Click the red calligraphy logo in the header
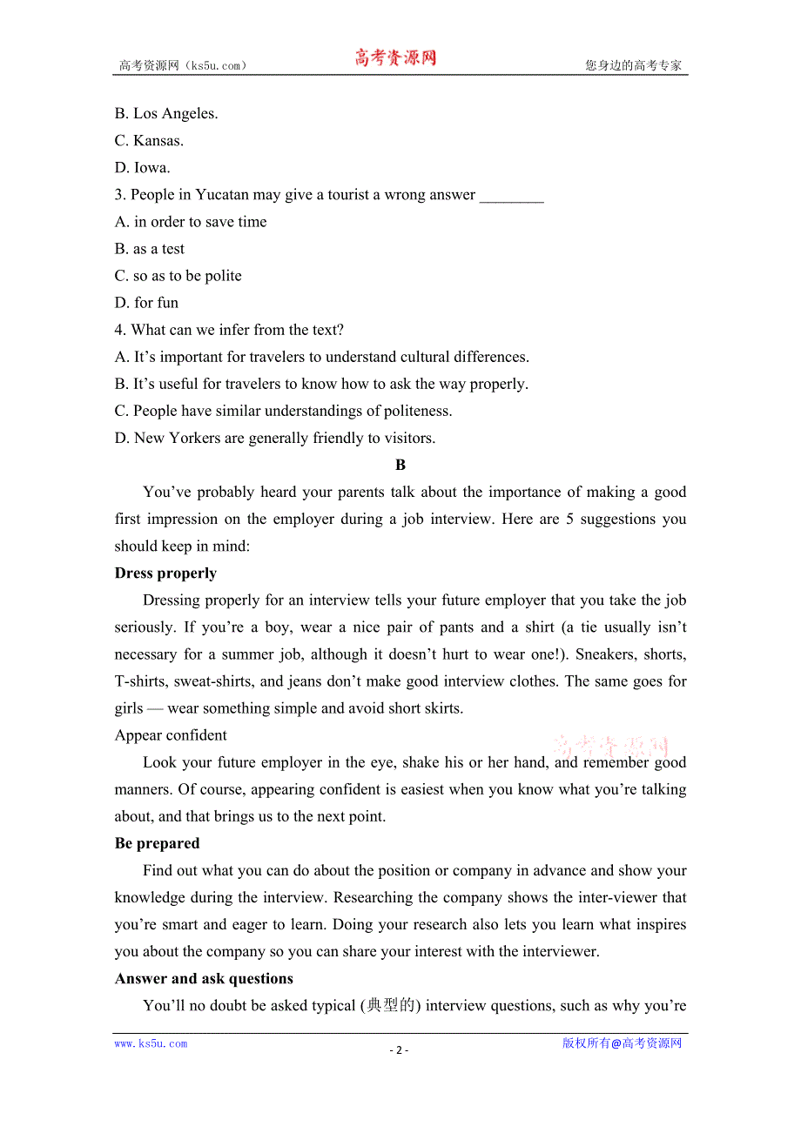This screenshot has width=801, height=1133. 395,58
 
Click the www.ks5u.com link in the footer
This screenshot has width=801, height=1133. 151,1043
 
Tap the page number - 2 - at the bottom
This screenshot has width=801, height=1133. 399,1049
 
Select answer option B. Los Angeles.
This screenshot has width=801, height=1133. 166,113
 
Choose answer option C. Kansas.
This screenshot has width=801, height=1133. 149,140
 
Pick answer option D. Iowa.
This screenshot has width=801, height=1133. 143,167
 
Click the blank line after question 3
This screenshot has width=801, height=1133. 511,196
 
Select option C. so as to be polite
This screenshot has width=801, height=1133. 178,276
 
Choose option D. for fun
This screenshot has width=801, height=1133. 146,303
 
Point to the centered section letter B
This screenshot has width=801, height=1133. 400,466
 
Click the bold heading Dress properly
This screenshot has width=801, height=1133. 165,573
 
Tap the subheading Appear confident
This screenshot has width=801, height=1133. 171,735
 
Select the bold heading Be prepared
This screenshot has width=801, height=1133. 157,843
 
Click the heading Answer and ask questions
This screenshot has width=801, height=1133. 204,978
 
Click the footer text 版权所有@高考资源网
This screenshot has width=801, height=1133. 622,1043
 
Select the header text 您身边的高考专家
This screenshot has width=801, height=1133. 633,65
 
